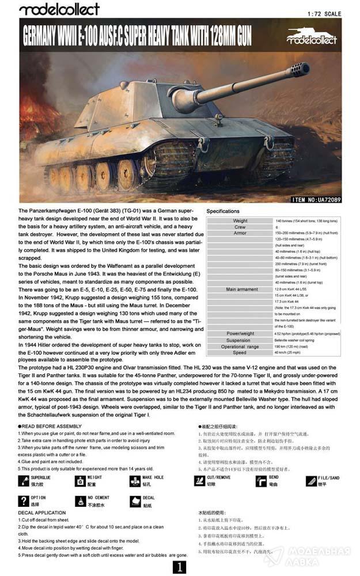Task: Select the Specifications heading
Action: (x=222, y=211)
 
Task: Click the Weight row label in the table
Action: (x=240, y=221)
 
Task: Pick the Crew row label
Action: (x=240, y=227)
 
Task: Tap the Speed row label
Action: (x=240, y=353)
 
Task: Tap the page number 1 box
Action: (x=180, y=567)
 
